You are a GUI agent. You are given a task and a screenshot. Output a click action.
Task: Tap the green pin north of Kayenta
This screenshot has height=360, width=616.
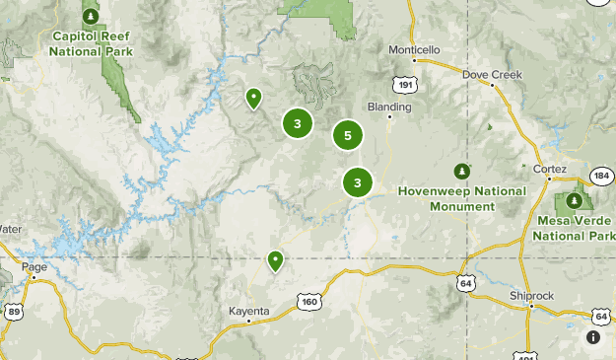[275, 260]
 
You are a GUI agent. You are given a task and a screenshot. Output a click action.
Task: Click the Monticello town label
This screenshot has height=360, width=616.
[414, 49]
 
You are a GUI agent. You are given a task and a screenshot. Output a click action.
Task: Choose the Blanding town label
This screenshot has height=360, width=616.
[387, 106]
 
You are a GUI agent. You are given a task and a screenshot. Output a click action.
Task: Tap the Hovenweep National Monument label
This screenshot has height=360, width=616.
[461, 198]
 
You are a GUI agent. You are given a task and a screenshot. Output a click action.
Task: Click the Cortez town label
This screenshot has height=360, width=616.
[550, 169]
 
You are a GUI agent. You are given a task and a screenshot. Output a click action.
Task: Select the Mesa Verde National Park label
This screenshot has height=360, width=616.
[573, 229]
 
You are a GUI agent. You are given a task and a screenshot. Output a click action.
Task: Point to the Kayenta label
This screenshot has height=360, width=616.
[248, 311]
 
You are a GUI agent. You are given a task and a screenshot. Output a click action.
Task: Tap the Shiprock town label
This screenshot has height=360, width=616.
[533, 295]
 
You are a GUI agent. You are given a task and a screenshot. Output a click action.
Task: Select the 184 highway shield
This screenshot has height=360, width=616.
[602, 176]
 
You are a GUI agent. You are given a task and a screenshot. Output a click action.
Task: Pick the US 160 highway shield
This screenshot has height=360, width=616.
[309, 301]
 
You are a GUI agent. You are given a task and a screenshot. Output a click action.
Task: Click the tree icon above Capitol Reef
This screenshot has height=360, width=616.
[91, 16]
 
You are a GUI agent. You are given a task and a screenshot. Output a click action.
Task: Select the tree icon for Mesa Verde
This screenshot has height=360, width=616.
[573, 201]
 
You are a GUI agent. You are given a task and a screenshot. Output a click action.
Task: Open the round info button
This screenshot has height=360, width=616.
[593, 337]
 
